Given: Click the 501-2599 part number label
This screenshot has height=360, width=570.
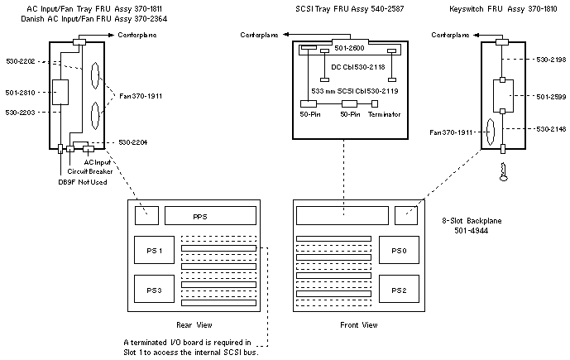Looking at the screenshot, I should tap(550, 97).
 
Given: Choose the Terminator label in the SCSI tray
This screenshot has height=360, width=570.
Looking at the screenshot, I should tap(384, 115).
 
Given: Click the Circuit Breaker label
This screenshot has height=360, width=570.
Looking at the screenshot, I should tap(89, 171).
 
